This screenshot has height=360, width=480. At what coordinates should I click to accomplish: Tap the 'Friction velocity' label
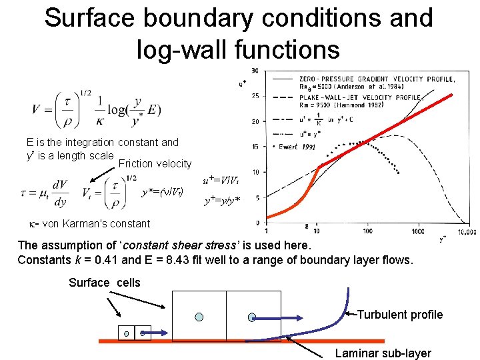pyautogui.click(x=155, y=164)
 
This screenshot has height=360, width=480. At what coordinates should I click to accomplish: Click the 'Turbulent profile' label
pyautogui.click(x=400, y=315)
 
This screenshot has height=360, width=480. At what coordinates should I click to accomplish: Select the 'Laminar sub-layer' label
pyautogui.click(x=383, y=353)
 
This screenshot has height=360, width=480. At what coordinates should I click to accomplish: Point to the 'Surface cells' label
pyautogui.click(x=105, y=283)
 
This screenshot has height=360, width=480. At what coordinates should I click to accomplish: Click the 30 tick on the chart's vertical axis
pyautogui.click(x=255, y=71)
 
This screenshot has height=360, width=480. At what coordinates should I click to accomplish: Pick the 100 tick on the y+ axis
pyautogui.click(x=368, y=231)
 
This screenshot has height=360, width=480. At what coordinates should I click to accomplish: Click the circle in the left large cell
pyautogui.click(x=199, y=316)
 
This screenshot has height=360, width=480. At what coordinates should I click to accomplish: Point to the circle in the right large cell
pyautogui.click(x=252, y=317)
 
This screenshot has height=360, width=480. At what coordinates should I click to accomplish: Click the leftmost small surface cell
pyautogui.click(x=127, y=332)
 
